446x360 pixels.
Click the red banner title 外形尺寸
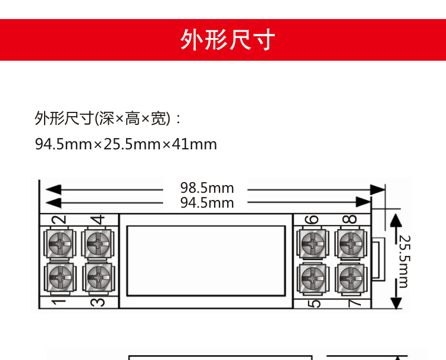click(228, 40)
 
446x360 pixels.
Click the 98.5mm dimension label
click(207, 188)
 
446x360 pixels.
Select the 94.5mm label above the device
click(207, 203)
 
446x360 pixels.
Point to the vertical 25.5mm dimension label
click(404, 261)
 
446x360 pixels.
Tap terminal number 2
click(58, 219)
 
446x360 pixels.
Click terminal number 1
click(58, 302)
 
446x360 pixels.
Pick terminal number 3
click(99, 302)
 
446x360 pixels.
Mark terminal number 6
click(312, 219)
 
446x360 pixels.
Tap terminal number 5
click(315, 302)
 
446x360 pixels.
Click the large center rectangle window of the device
click(206, 261)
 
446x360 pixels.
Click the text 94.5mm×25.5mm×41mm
click(126, 144)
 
